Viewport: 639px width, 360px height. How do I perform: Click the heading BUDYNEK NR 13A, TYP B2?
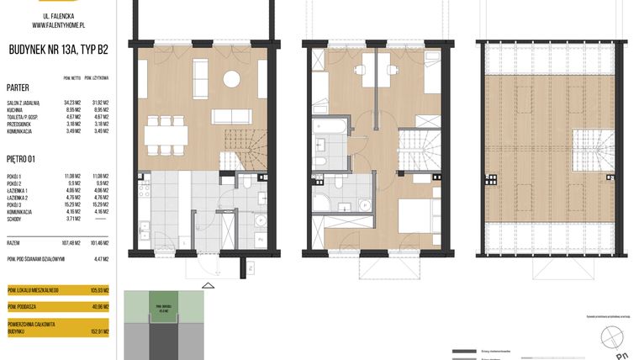click(x=59, y=49)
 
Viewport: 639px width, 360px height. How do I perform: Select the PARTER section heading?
click(x=18, y=87)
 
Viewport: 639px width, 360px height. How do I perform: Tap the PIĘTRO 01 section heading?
click(x=22, y=158)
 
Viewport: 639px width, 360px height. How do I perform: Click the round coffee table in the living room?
click(x=230, y=80)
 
